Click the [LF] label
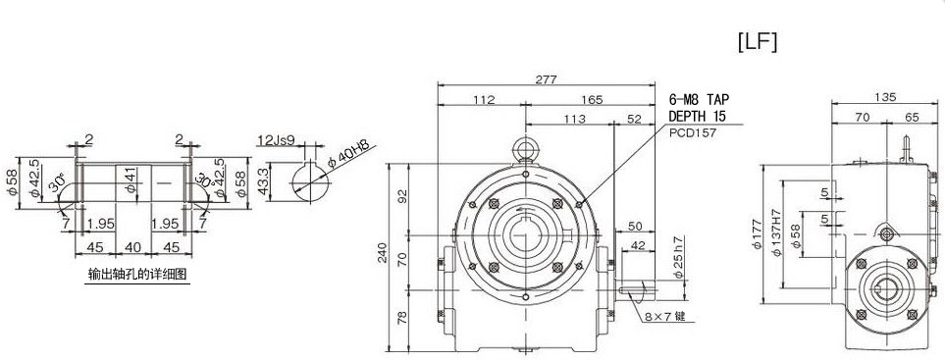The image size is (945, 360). (758, 42)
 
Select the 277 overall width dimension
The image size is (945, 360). (546, 78)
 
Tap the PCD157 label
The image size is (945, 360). (693, 133)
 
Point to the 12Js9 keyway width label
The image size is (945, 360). (275, 140)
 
